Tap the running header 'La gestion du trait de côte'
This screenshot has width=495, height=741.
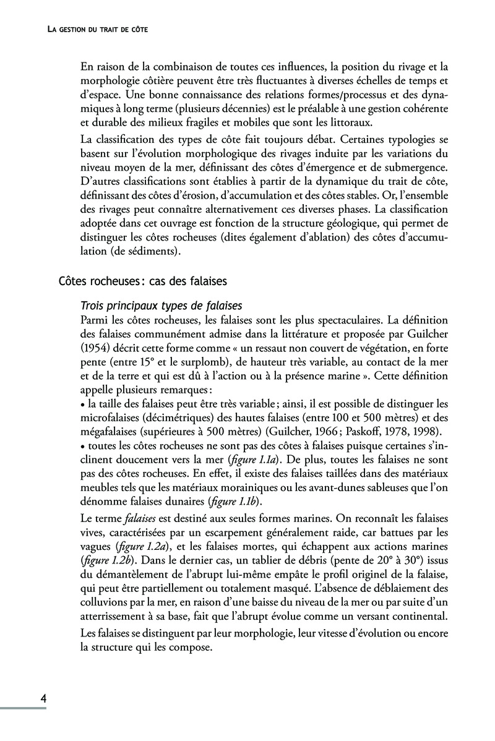tap(98, 30)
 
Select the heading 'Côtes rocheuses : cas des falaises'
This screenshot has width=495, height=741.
tap(142, 281)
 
